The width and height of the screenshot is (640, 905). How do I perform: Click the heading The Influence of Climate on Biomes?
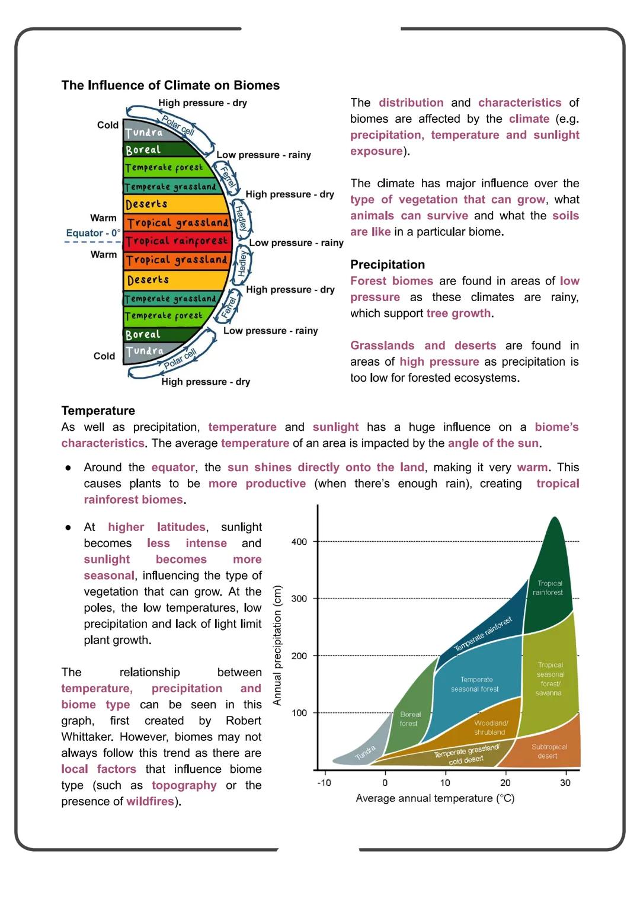(x=170, y=85)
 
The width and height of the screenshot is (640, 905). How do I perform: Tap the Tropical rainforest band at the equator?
(x=177, y=241)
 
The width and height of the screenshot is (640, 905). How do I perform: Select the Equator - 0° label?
(x=93, y=233)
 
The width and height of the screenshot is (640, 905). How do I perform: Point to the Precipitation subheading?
(x=388, y=264)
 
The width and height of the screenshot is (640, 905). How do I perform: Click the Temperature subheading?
(x=98, y=411)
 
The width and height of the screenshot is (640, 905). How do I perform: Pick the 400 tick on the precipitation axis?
(x=299, y=542)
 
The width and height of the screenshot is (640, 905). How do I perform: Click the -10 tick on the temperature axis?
(x=324, y=783)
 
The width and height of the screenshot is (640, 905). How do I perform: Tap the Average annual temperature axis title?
(x=435, y=798)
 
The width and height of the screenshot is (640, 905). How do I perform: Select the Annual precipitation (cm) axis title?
(x=277, y=645)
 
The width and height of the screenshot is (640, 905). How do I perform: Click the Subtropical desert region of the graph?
(x=549, y=751)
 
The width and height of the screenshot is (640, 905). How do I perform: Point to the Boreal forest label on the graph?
(x=409, y=719)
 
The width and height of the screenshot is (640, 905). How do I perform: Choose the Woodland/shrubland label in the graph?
(x=490, y=727)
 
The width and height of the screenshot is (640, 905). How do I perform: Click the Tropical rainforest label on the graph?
(x=549, y=588)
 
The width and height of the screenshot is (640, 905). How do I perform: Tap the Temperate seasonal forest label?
(x=475, y=684)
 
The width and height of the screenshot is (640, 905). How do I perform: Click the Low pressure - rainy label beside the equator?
(x=296, y=243)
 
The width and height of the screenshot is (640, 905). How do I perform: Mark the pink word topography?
(x=184, y=785)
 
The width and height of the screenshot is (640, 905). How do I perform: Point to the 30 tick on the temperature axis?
(x=565, y=783)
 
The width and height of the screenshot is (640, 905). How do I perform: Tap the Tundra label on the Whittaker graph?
(x=365, y=753)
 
